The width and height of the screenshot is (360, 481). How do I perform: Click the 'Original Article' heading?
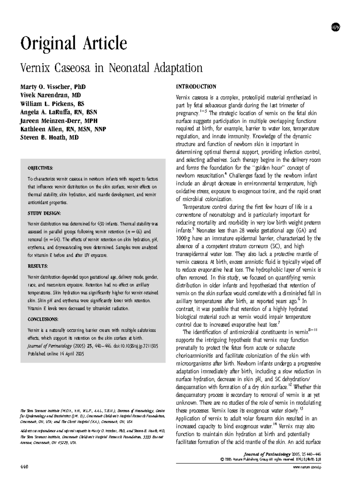pyautogui.click(x=73, y=43)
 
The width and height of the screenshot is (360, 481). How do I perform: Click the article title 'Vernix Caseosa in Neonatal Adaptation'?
pyautogui.click(x=111, y=68)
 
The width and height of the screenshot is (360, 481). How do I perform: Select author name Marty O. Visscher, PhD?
pyautogui.click(x=53, y=87)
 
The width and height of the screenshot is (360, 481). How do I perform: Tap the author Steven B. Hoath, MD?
pyautogui.click(x=49, y=138)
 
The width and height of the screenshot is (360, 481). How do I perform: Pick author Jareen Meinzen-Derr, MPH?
pyautogui.click(x=59, y=121)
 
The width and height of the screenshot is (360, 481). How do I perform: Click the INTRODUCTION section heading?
pyautogui.click(x=196, y=87)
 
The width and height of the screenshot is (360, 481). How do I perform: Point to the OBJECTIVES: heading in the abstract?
pyautogui.click(x=40, y=168)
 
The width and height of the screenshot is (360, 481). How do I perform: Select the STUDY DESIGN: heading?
pyautogui.click(x=44, y=213)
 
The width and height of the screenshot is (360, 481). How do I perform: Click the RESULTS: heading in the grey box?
pyautogui.click(x=38, y=266)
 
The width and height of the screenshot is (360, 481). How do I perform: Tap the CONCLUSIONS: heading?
pyautogui.click(x=43, y=319)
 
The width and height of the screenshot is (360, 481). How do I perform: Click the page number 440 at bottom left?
pyautogui.click(x=24, y=467)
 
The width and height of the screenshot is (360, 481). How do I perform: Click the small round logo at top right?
pyautogui.click(x=335, y=27)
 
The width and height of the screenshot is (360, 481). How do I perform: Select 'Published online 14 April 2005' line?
pyautogui.click(x=56, y=354)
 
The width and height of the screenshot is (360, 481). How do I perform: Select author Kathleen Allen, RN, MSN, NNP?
pyautogui.click(x=63, y=129)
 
